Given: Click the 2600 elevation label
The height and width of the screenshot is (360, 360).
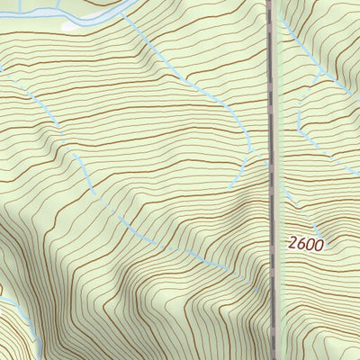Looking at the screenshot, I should point(306,243).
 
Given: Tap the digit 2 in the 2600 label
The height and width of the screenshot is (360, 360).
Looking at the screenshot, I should point(293,243).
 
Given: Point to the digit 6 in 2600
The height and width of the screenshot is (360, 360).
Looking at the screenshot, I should point(301,243).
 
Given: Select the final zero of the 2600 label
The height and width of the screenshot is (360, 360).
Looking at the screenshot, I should point(319,243).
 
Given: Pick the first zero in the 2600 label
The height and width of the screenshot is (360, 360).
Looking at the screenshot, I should point(310,243).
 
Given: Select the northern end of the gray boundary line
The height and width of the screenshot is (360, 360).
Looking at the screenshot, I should point(269,3).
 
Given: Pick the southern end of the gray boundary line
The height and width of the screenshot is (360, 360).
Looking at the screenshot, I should point(273,357).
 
